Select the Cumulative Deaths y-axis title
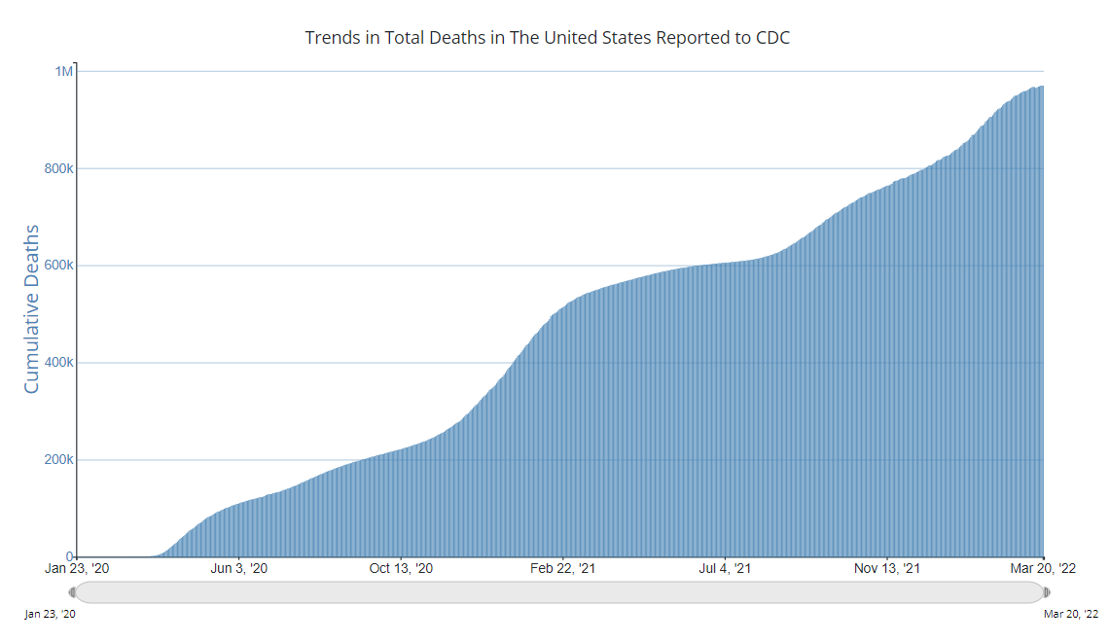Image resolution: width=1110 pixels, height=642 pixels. point(31,309)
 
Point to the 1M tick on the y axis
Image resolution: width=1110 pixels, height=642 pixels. point(63,71)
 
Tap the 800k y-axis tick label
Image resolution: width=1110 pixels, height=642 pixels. point(58,168)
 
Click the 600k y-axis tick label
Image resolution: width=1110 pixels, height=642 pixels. point(58,266)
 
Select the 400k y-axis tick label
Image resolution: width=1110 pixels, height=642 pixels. point(58,363)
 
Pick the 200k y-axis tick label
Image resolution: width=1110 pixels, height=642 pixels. point(58,459)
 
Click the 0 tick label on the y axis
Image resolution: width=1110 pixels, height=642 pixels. point(69,556)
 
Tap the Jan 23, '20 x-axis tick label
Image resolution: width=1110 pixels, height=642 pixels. point(77,568)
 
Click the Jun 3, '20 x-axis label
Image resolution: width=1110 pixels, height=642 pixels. point(238,568)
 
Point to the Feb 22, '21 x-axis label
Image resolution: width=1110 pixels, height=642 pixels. point(563,568)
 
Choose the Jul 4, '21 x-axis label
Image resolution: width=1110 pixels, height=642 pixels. point(726,568)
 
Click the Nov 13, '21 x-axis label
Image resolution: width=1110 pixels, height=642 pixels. point(886,568)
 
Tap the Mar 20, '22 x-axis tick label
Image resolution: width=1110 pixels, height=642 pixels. point(1042,568)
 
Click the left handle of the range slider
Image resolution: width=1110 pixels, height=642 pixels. point(72,591)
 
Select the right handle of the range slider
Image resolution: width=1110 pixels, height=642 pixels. point(1047,591)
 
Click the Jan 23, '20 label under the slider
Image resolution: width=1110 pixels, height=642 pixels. point(50,614)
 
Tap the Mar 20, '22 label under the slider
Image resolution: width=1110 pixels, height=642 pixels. point(1070,614)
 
